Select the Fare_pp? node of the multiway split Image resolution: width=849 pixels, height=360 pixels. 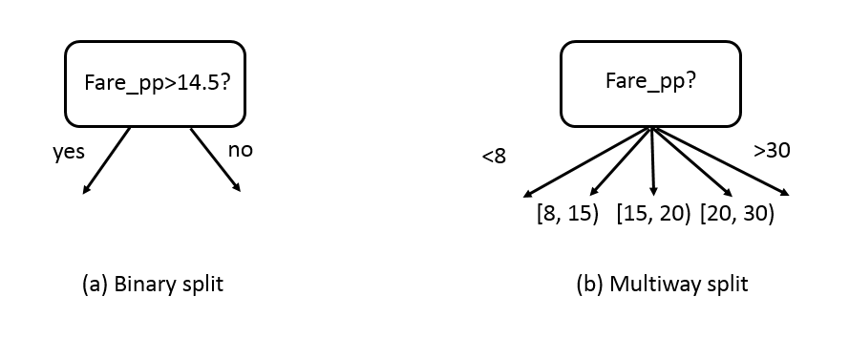tap(650, 83)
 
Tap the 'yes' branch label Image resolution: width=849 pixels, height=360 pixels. tap(68, 151)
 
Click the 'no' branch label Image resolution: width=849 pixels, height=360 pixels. tap(241, 150)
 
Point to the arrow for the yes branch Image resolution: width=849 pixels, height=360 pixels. tap(107, 159)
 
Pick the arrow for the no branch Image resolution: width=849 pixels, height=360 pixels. tap(215, 159)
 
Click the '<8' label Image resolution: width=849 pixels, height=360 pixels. tap(494, 157)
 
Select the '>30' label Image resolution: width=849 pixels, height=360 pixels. tap(771, 150)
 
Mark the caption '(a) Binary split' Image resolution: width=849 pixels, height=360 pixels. tap(154, 284)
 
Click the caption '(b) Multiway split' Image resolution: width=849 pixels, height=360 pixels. tap(663, 284)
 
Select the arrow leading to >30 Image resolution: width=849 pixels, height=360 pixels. tap(721, 162)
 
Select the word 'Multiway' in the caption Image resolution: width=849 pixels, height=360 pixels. tap(649, 284)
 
